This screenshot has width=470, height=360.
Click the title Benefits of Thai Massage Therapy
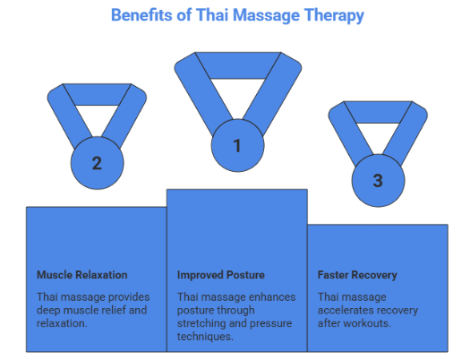pyautogui.click(x=237, y=15)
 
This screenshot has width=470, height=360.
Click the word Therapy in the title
pyautogui.click(x=334, y=15)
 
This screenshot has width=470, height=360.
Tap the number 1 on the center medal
pyautogui.click(x=237, y=143)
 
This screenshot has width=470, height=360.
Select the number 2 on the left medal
pyautogui.click(x=97, y=163)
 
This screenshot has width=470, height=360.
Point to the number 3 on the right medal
pyautogui.click(x=377, y=180)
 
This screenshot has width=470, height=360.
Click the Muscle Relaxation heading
pyautogui.click(x=81, y=275)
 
